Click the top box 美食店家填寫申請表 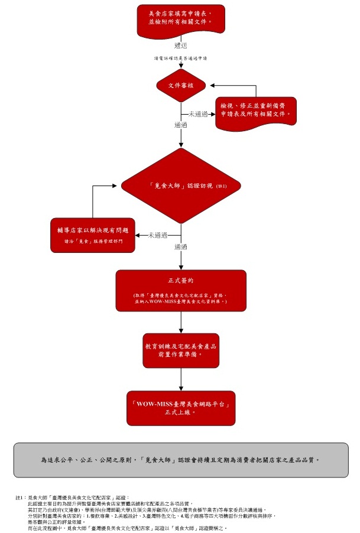pyautogui.click(x=181, y=18)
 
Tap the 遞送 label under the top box pyautogui.click(x=181, y=45)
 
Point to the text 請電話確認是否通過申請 pyautogui.click(x=180, y=58)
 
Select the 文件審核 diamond pyautogui.click(x=181, y=85)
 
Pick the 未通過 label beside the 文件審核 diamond pyautogui.click(x=198, y=113)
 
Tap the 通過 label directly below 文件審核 pyautogui.click(x=181, y=125)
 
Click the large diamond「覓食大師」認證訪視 pyautogui.click(x=181, y=186)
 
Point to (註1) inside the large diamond pyautogui.click(x=222, y=186)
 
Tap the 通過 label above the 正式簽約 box pyautogui.click(x=181, y=246)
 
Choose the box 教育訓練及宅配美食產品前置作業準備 pyautogui.click(x=181, y=351)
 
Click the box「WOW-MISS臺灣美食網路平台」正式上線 pyautogui.click(x=181, y=408)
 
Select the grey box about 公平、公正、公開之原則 pyautogui.click(x=180, y=459)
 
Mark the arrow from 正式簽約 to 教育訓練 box pyautogui.click(x=181, y=323)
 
